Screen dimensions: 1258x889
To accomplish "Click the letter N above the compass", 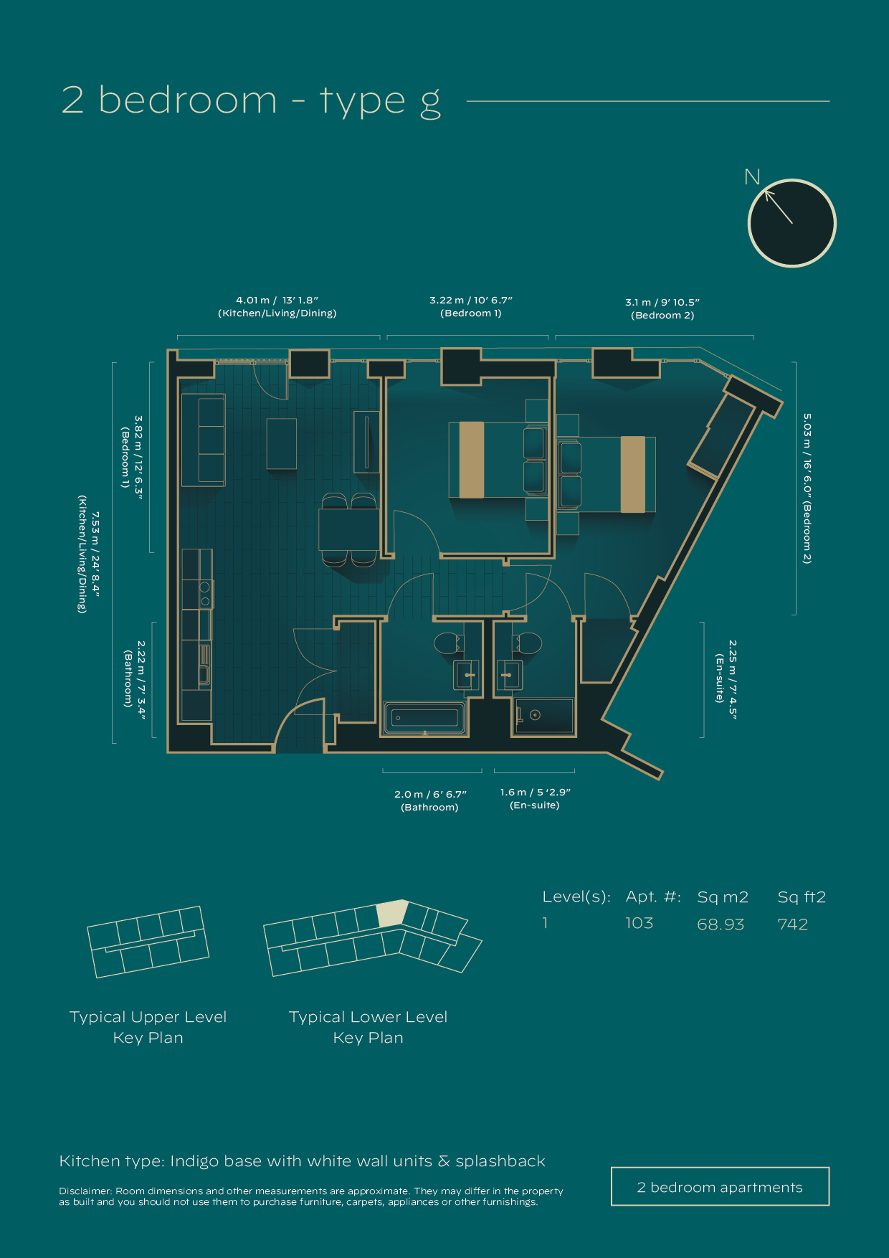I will click(x=752, y=177).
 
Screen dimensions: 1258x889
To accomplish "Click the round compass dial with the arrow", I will click(x=791, y=223).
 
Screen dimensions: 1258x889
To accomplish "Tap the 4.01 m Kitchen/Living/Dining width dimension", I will click(x=277, y=306).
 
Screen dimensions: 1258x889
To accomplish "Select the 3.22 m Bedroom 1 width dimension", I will click(x=471, y=306).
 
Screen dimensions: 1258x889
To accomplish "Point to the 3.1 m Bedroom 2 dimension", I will click(x=662, y=308).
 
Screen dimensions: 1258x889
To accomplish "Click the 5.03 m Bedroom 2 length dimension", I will click(x=807, y=488).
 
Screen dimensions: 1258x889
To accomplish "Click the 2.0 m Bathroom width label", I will click(x=429, y=800).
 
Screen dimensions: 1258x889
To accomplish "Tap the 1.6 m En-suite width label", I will click(x=535, y=798).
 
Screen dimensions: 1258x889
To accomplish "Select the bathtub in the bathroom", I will click(x=425, y=717).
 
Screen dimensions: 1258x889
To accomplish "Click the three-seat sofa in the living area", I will click(x=203, y=440).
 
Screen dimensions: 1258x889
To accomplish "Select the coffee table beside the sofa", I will click(x=282, y=444).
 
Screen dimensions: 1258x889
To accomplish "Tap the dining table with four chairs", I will click(x=349, y=529).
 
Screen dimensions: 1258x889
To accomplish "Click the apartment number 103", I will click(x=639, y=923).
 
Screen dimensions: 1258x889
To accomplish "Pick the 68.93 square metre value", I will click(x=721, y=924).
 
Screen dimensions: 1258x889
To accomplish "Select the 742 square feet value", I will click(x=792, y=924).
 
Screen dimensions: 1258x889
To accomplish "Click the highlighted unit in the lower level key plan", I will click(x=391, y=914).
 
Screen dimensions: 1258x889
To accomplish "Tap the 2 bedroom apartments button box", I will click(x=720, y=1186).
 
